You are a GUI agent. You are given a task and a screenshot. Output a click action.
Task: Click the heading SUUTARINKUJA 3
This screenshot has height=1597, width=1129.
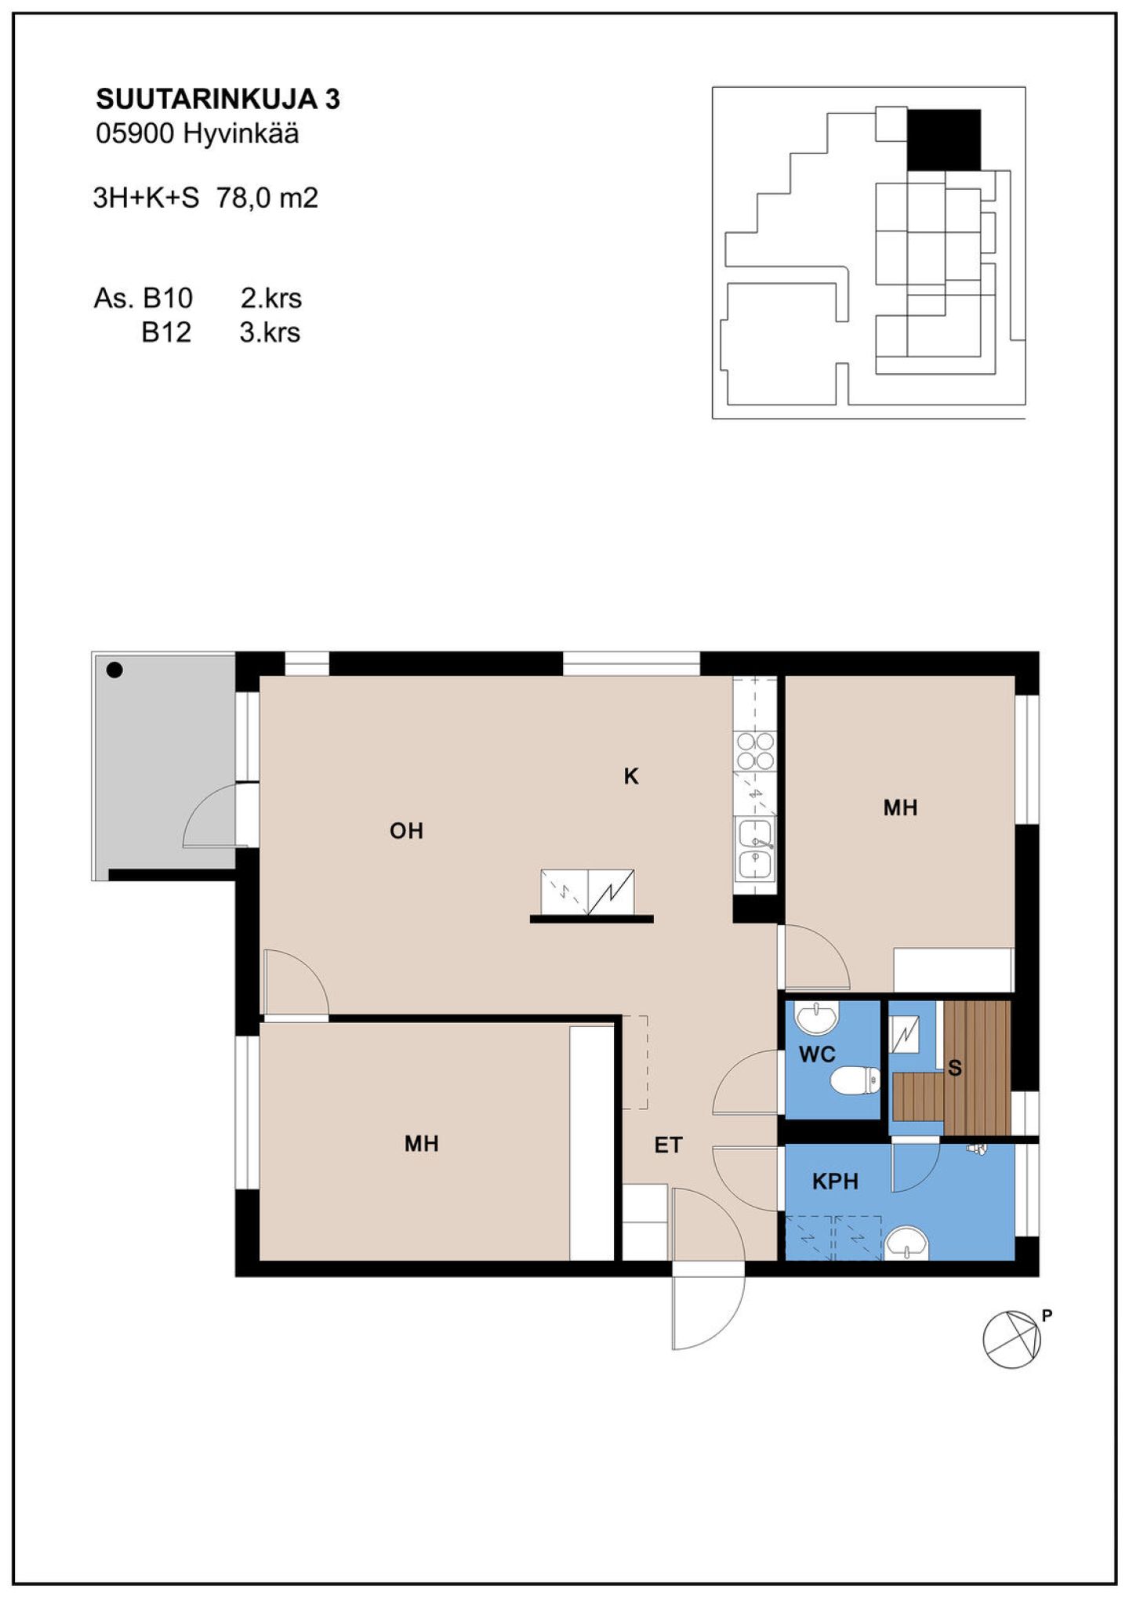point(218,100)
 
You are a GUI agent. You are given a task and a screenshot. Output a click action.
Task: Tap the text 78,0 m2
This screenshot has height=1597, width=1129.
point(267,198)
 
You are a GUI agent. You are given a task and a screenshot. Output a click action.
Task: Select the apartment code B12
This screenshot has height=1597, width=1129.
point(166,332)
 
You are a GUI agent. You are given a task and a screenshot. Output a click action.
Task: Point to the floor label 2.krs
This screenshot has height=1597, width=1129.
point(270,298)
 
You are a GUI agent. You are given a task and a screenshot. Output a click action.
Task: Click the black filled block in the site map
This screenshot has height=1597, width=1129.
point(944,140)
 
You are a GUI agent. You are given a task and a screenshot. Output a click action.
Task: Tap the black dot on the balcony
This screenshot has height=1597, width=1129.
point(114,670)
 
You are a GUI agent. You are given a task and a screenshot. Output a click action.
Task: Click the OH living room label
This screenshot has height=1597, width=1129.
point(406,831)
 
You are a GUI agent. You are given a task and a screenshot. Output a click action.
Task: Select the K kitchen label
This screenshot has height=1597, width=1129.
point(631,776)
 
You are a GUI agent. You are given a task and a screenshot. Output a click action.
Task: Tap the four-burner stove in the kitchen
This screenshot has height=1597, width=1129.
point(756,750)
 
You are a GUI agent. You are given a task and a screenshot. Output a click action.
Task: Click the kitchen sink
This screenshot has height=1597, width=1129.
point(756,849)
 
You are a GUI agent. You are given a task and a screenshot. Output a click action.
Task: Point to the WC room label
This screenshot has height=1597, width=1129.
point(817,1055)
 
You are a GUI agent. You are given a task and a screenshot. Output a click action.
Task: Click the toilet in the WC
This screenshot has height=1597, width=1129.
point(855,1080)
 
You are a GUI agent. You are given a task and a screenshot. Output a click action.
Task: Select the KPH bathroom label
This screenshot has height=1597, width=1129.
point(835,1181)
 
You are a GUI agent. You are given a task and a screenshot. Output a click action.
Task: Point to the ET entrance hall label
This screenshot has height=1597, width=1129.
point(668,1145)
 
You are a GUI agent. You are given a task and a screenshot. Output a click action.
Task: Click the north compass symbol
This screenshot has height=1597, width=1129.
point(1013,1340)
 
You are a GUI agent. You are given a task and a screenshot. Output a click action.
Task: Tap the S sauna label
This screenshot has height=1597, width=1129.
point(955,1068)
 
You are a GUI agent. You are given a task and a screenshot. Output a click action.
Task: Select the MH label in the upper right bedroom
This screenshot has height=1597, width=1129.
point(900,808)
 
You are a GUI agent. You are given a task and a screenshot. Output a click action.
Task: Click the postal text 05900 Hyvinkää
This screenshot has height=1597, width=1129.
point(198,134)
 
